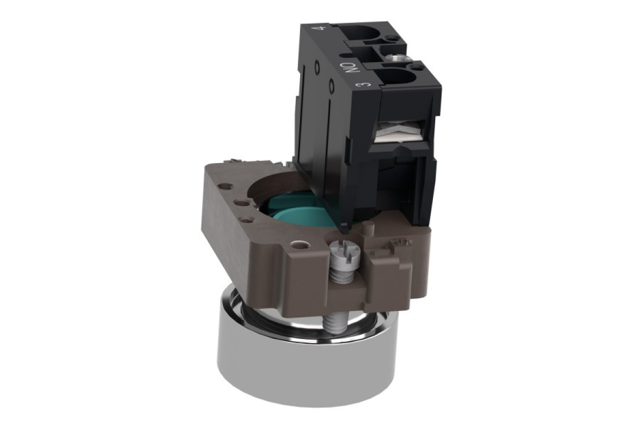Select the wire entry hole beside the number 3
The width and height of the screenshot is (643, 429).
pyautogui.click(x=400, y=78)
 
